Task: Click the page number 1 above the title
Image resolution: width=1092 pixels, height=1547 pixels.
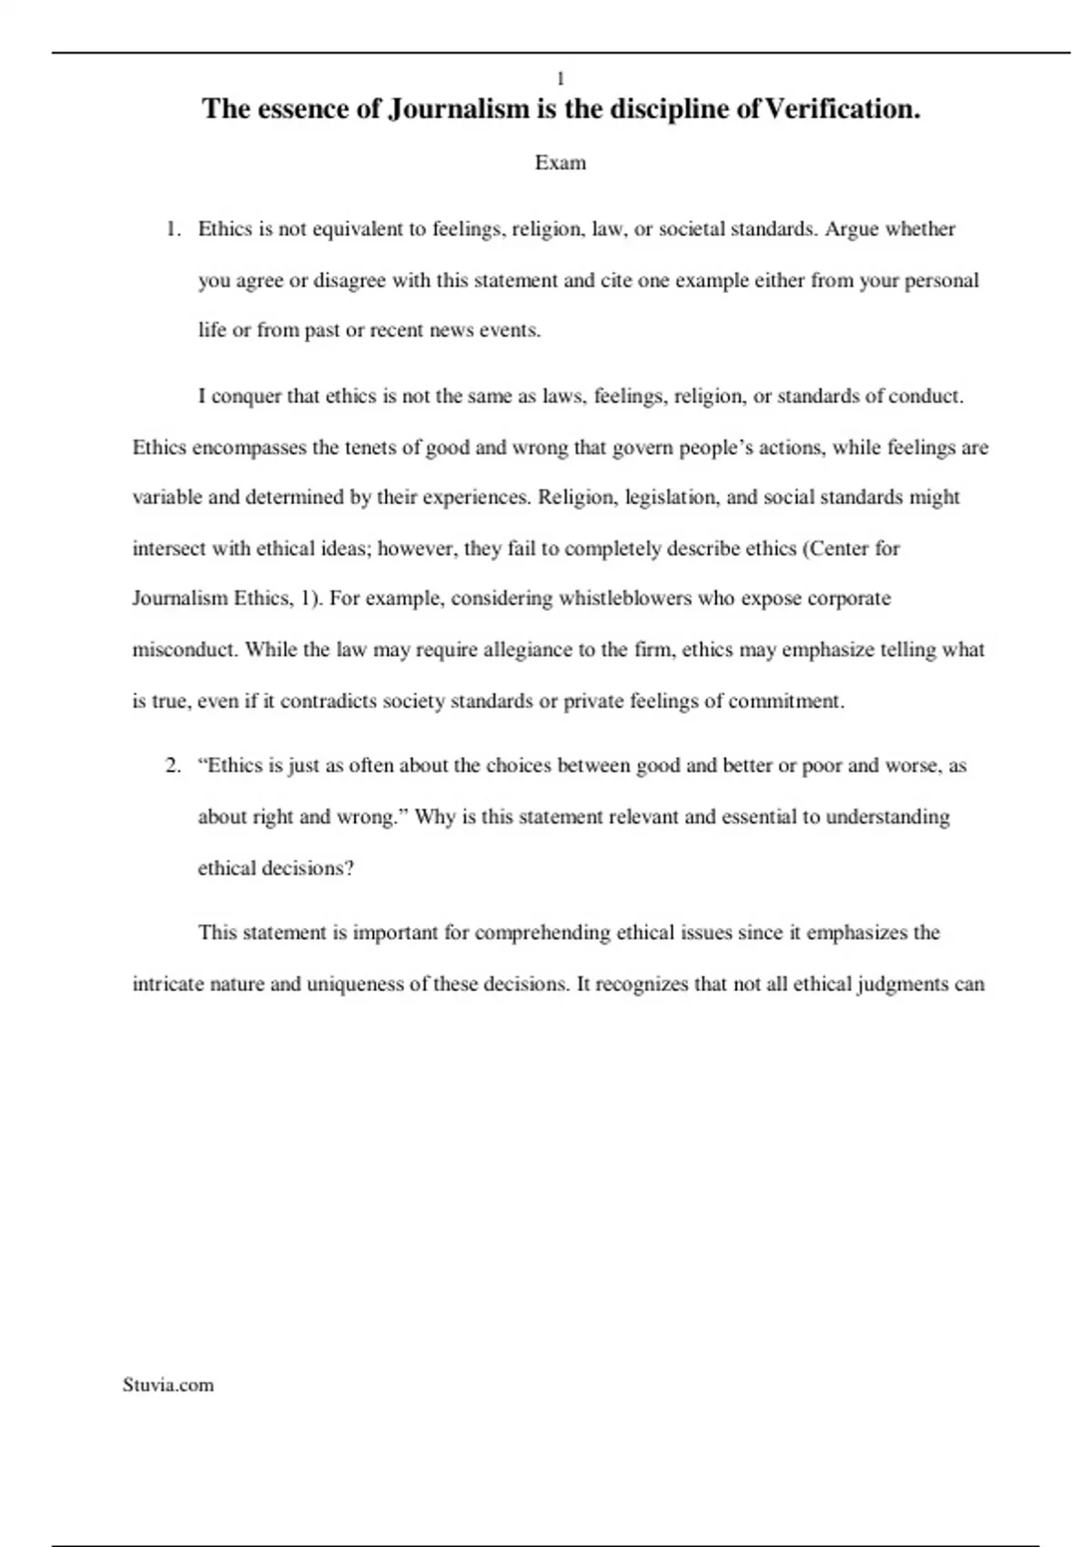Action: tap(561, 79)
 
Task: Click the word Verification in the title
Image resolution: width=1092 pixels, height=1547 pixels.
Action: tap(841, 109)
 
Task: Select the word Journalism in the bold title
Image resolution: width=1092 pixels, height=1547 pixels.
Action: tap(459, 109)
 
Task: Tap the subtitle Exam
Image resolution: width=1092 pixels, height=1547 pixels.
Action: tap(561, 163)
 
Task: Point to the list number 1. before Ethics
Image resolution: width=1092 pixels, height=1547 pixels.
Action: tap(174, 228)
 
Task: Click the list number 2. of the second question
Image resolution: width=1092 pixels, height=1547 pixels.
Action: tap(174, 765)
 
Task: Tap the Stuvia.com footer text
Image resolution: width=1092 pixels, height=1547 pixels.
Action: tap(168, 1385)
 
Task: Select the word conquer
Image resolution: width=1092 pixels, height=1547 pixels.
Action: tap(247, 397)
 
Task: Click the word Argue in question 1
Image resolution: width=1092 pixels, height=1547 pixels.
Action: tap(852, 228)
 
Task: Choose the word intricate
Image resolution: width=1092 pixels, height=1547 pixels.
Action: tap(168, 985)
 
